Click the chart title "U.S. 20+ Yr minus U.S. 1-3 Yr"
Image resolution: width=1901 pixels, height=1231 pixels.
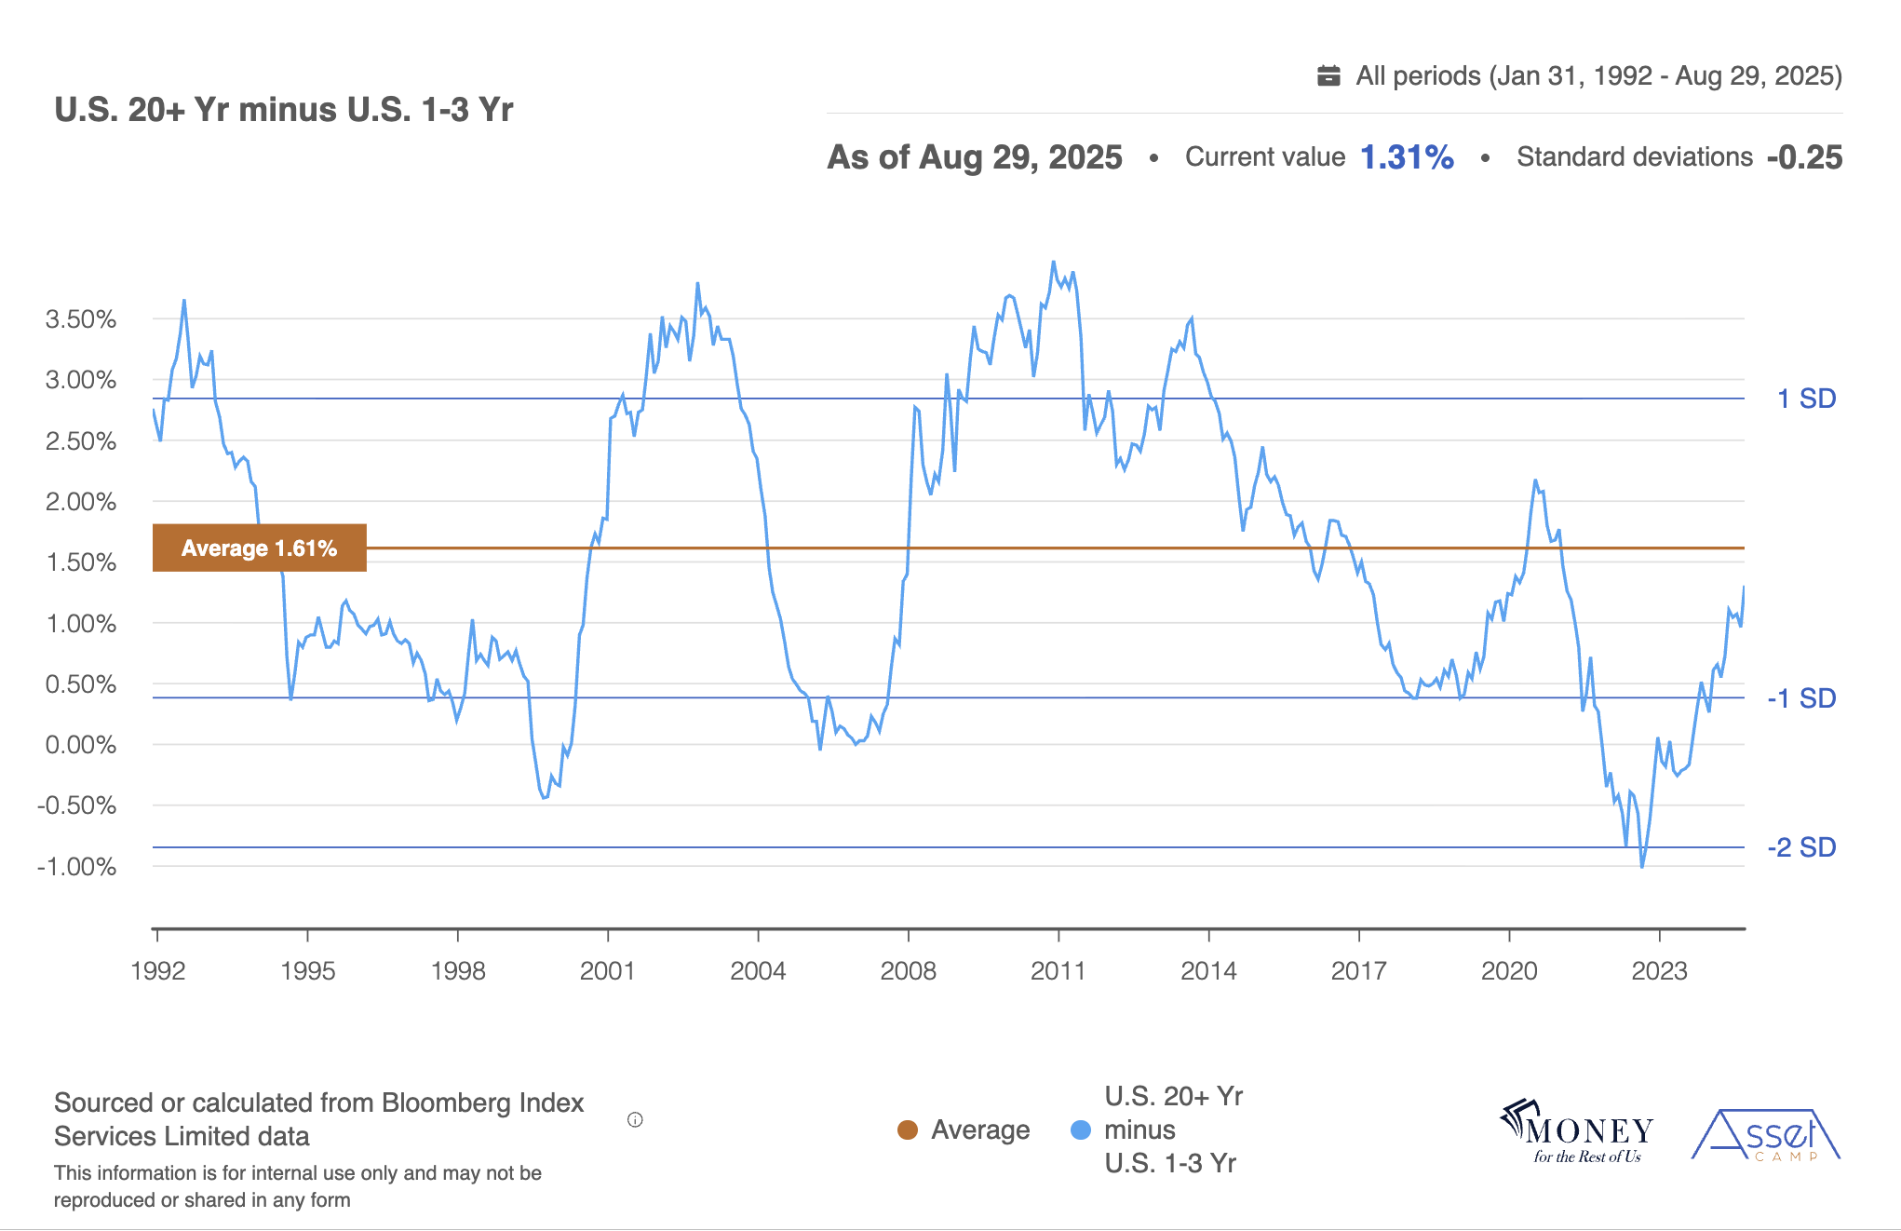tap(283, 110)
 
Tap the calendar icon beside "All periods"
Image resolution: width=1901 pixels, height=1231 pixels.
tap(1328, 75)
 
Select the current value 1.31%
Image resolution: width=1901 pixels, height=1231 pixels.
tap(1406, 157)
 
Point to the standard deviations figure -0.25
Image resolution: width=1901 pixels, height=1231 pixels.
tap(1803, 157)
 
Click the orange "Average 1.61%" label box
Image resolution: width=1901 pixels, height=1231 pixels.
tap(259, 548)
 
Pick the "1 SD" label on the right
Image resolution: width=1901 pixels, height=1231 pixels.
tap(1806, 399)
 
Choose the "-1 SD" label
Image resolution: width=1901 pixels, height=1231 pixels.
tap(1801, 698)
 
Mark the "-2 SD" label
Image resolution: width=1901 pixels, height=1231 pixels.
tap(1801, 847)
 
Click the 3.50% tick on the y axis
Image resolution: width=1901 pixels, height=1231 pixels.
tap(81, 319)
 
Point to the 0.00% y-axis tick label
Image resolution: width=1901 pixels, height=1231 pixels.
tap(81, 745)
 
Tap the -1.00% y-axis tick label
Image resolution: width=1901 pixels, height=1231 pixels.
tap(77, 867)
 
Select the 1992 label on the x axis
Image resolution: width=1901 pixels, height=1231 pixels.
tap(158, 971)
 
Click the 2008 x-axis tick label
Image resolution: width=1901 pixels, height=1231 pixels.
tap(908, 971)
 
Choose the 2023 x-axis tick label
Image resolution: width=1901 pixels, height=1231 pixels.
tap(1659, 971)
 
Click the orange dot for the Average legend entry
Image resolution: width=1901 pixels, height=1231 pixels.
tap(907, 1130)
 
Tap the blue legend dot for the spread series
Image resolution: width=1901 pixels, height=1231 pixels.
tap(1080, 1130)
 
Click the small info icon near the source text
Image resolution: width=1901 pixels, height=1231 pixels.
tap(635, 1120)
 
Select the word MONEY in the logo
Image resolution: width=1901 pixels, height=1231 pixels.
tap(1588, 1130)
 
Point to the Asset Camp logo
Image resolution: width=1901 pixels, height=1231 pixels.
tap(1766, 1135)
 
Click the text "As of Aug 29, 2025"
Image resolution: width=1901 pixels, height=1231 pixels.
tap(974, 157)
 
